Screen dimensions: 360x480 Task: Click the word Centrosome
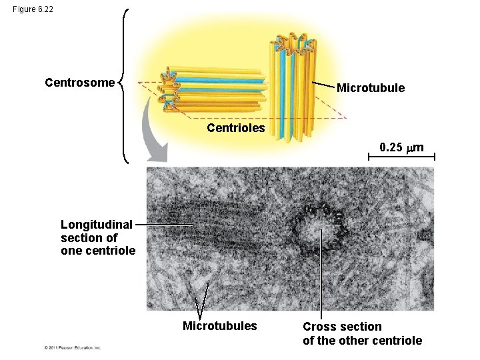[79, 83]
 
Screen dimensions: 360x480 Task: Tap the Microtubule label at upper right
[370, 88]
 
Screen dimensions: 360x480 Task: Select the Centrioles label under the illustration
[235, 127]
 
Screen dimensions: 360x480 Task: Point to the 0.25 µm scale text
[401, 147]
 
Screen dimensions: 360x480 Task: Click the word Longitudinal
[96, 225]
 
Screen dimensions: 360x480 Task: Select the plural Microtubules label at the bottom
[219, 326]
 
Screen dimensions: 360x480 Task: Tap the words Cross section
[342, 327]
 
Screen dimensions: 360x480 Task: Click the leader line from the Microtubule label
[323, 85]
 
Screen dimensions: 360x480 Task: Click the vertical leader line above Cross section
[321, 273]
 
